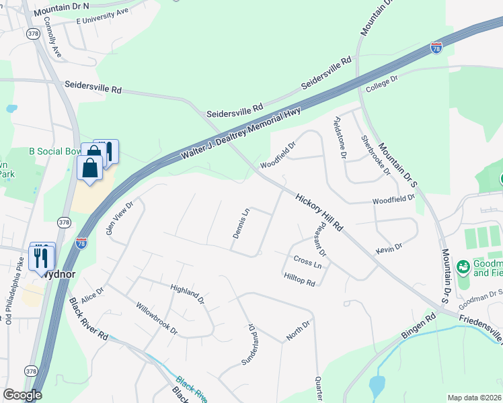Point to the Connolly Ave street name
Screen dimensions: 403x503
coord(51,40)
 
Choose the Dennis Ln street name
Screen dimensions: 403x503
coord(241,223)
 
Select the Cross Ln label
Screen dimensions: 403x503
coord(307,261)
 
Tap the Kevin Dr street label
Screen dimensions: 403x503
coord(389,249)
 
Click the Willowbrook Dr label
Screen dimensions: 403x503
coord(156,322)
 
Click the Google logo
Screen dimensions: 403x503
coord(22,395)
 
